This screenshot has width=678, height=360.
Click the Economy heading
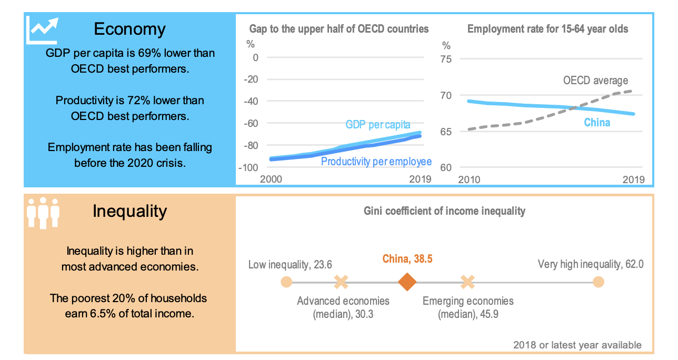point(129,29)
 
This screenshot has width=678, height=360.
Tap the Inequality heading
point(129,211)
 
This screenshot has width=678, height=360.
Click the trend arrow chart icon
point(42,31)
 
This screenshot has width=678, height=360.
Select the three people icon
point(43,213)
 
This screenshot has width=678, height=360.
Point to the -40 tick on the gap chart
point(251,102)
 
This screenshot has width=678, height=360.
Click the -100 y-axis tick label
point(248,167)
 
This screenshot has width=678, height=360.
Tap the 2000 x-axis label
point(271,179)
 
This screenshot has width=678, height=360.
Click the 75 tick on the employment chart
point(446,59)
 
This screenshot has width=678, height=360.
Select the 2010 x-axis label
point(469,179)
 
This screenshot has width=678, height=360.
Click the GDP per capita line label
point(378,124)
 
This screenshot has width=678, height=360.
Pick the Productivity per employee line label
point(376,162)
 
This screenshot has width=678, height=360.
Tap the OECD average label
point(595,81)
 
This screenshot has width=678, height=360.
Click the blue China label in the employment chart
point(597,123)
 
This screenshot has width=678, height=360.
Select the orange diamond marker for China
point(407,282)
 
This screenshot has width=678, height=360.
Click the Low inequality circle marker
point(286,282)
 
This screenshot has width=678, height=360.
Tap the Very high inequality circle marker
point(599,282)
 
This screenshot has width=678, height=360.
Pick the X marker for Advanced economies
point(341,282)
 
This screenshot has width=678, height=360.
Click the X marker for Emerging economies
point(467,282)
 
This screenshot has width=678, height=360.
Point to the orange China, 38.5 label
point(407,259)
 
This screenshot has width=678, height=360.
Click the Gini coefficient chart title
point(444,211)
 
